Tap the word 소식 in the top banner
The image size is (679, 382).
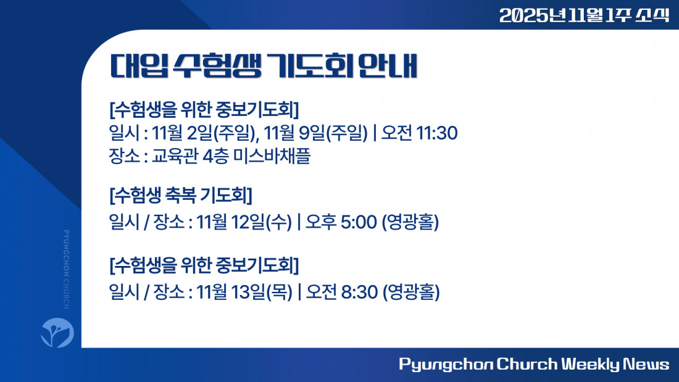coord(652,15)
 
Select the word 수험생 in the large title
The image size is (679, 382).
coord(217,66)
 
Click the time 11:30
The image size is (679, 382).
coord(437,133)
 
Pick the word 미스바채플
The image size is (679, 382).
coord(272,156)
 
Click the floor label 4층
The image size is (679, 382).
coord(215,156)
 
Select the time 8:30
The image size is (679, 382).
coord(359,292)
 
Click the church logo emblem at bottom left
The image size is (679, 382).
coord(57,333)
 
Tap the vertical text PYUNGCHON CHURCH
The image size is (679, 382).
coord(66,270)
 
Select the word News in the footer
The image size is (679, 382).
coord(646,364)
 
